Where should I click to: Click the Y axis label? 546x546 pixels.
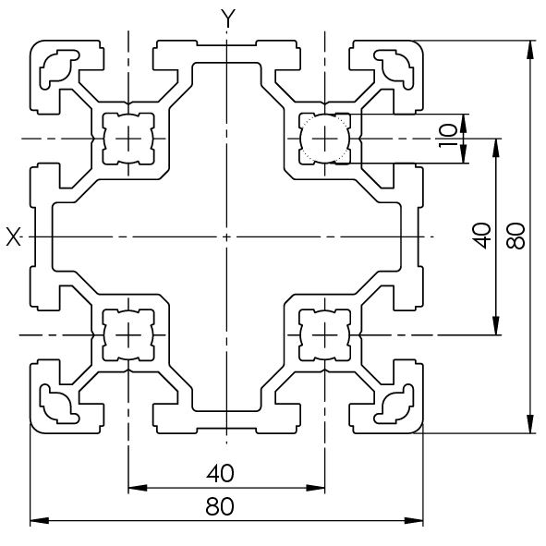point(228,18)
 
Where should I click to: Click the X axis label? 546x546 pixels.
point(14,237)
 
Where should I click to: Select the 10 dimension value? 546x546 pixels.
point(448,136)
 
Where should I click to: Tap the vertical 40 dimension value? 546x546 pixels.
point(482,236)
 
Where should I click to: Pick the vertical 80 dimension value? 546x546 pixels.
point(516,236)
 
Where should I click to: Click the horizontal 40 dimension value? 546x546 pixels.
point(221,474)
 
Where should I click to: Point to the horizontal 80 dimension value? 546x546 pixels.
point(220,506)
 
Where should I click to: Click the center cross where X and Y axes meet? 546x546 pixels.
point(226,237)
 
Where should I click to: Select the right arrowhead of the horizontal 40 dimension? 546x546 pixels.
point(315,488)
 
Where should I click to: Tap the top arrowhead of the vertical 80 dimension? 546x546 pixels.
point(530,50)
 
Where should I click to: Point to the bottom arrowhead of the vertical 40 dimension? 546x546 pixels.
point(496,325)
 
